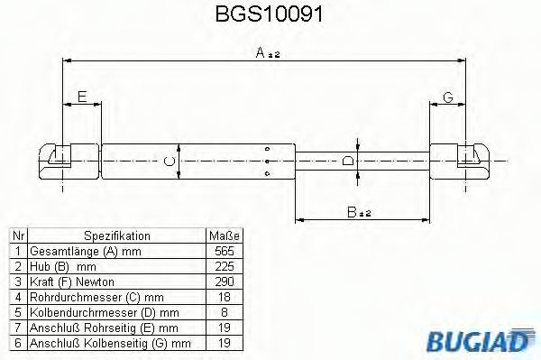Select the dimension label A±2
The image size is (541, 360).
tap(268, 54)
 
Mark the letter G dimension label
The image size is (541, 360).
tap(447, 97)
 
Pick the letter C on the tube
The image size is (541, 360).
tap(166, 162)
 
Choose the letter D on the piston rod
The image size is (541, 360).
tap(348, 162)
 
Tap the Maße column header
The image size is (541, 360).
tap(225, 235)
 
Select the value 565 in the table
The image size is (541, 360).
tap(225, 250)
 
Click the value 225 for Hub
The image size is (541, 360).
tap(225, 266)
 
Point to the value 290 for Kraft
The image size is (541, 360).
tap(225, 282)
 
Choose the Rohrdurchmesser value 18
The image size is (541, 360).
tap(225, 297)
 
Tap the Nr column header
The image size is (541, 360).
tap(16, 235)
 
